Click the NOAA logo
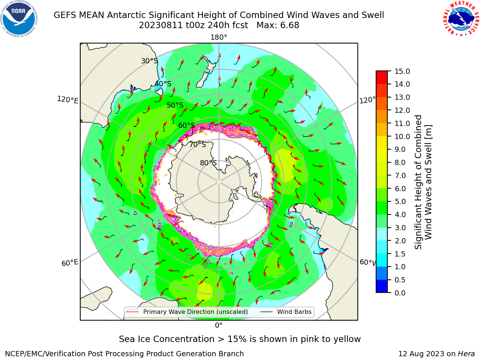pyautogui.click(x=19, y=19)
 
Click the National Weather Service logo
pyautogui.click(x=461, y=18)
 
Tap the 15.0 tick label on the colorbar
pyautogui.click(x=402, y=71)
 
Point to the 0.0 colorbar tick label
pyautogui.click(x=400, y=292)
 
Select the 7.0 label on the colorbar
pyautogui.click(x=400, y=175)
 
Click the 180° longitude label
pyautogui.click(x=219, y=37)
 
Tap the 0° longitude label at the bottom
pyautogui.click(x=219, y=325)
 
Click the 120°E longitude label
pyautogui.click(x=67, y=100)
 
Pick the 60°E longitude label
pyautogui.click(x=70, y=262)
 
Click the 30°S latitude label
pyautogui.click(x=149, y=61)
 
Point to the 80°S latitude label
pyautogui.click(x=208, y=163)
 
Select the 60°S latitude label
pyautogui.click(x=186, y=125)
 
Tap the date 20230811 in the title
pyautogui.click(x=160, y=25)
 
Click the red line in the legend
pyautogui.click(x=132, y=312)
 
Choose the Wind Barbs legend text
pyautogui.click(x=294, y=312)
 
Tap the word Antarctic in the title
pyautogui.click(x=126, y=15)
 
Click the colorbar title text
pyautogui.click(x=423, y=182)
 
